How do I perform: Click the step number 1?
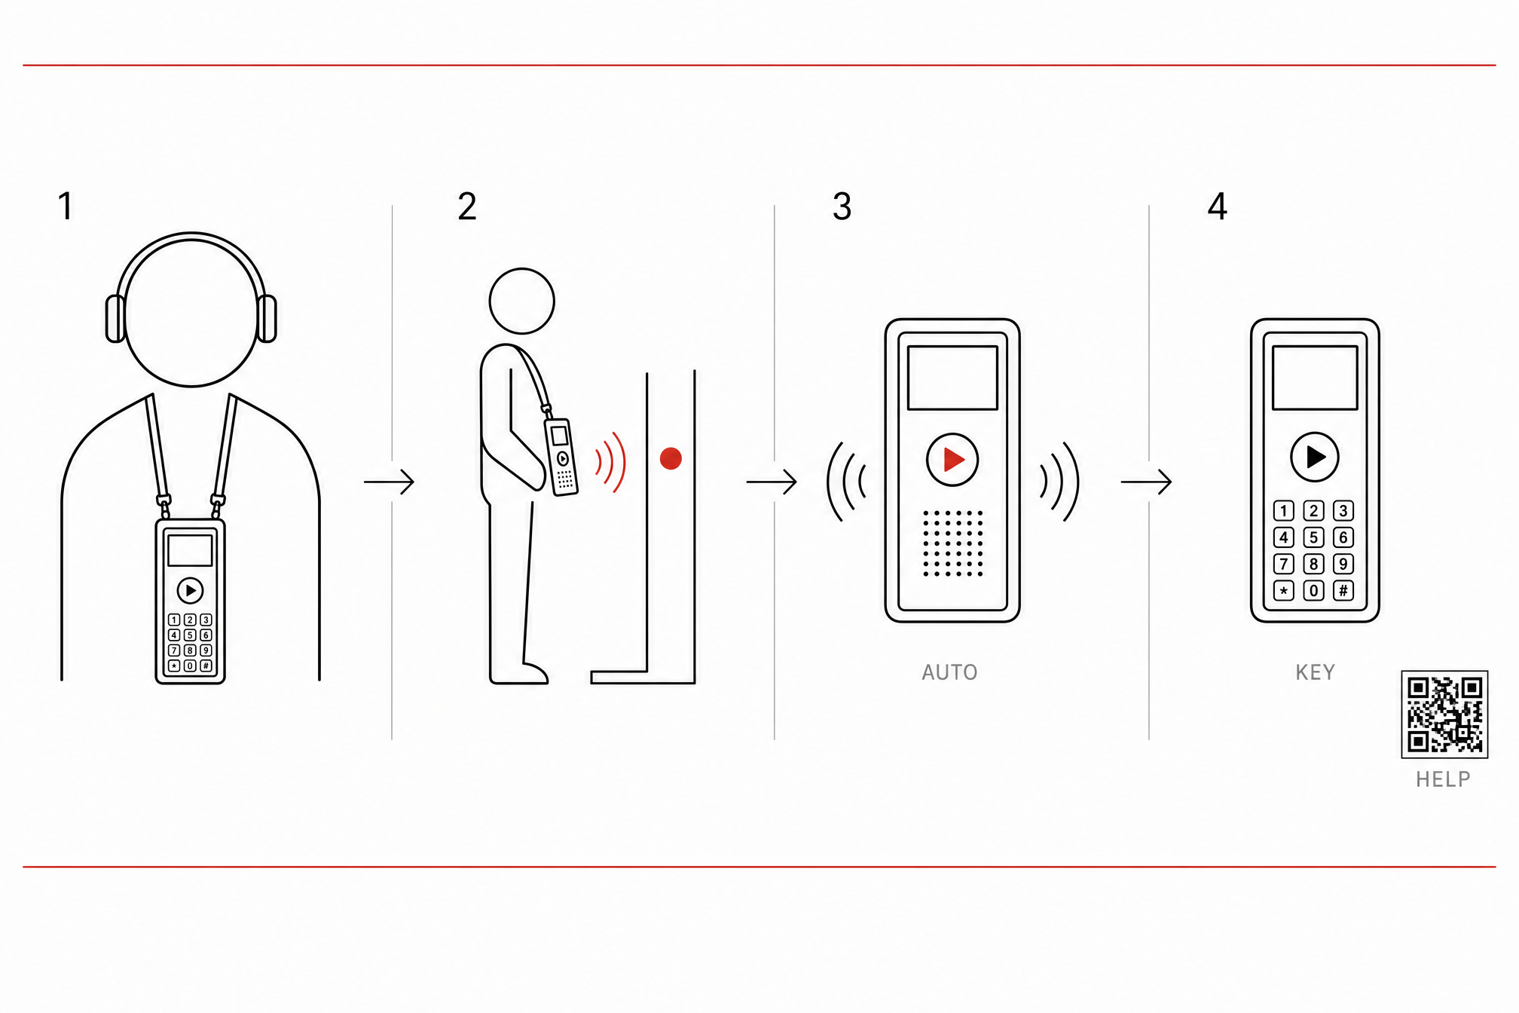click(66, 206)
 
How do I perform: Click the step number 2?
click(467, 206)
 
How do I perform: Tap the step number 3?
click(842, 206)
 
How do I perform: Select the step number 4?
click(1218, 206)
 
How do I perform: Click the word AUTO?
click(949, 672)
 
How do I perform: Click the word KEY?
click(1316, 672)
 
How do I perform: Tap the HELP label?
click(1443, 779)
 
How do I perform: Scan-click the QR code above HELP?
click(1444, 714)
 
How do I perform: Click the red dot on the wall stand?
click(671, 458)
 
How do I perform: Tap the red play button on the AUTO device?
click(952, 459)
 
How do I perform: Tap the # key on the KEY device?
click(1343, 590)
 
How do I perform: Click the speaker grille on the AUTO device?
click(953, 543)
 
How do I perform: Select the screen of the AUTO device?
click(952, 378)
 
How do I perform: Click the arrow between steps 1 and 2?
click(389, 482)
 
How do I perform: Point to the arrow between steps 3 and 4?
click(1146, 482)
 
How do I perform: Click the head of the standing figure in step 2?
click(522, 301)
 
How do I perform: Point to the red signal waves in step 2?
click(611, 462)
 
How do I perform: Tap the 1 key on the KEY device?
click(1284, 511)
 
